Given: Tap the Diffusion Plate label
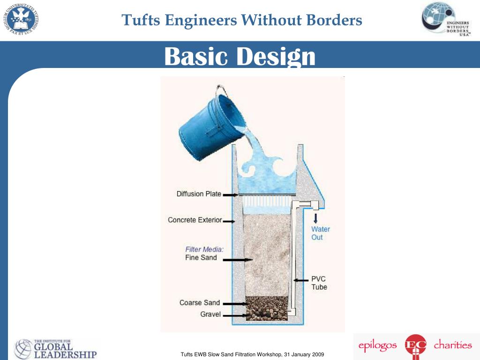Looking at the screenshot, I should click(199, 194).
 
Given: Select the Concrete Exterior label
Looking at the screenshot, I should click(195, 220).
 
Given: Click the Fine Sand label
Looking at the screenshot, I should click(201, 258).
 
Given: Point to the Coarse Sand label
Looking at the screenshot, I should click(199, 303).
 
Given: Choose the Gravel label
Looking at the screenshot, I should click(210, 314).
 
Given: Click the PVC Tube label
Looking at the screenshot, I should click(319, 283).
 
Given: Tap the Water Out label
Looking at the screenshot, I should click(321, 233).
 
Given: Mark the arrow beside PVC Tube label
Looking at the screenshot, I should click(301, 280).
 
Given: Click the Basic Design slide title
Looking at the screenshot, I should click(240, 57).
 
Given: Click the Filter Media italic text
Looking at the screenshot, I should click(204, 249).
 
